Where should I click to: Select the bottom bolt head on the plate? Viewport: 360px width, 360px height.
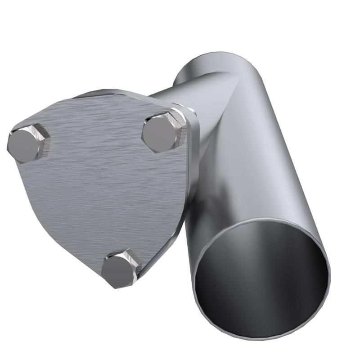pos(118,270)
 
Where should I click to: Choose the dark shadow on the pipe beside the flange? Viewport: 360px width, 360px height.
pos(198,202)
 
